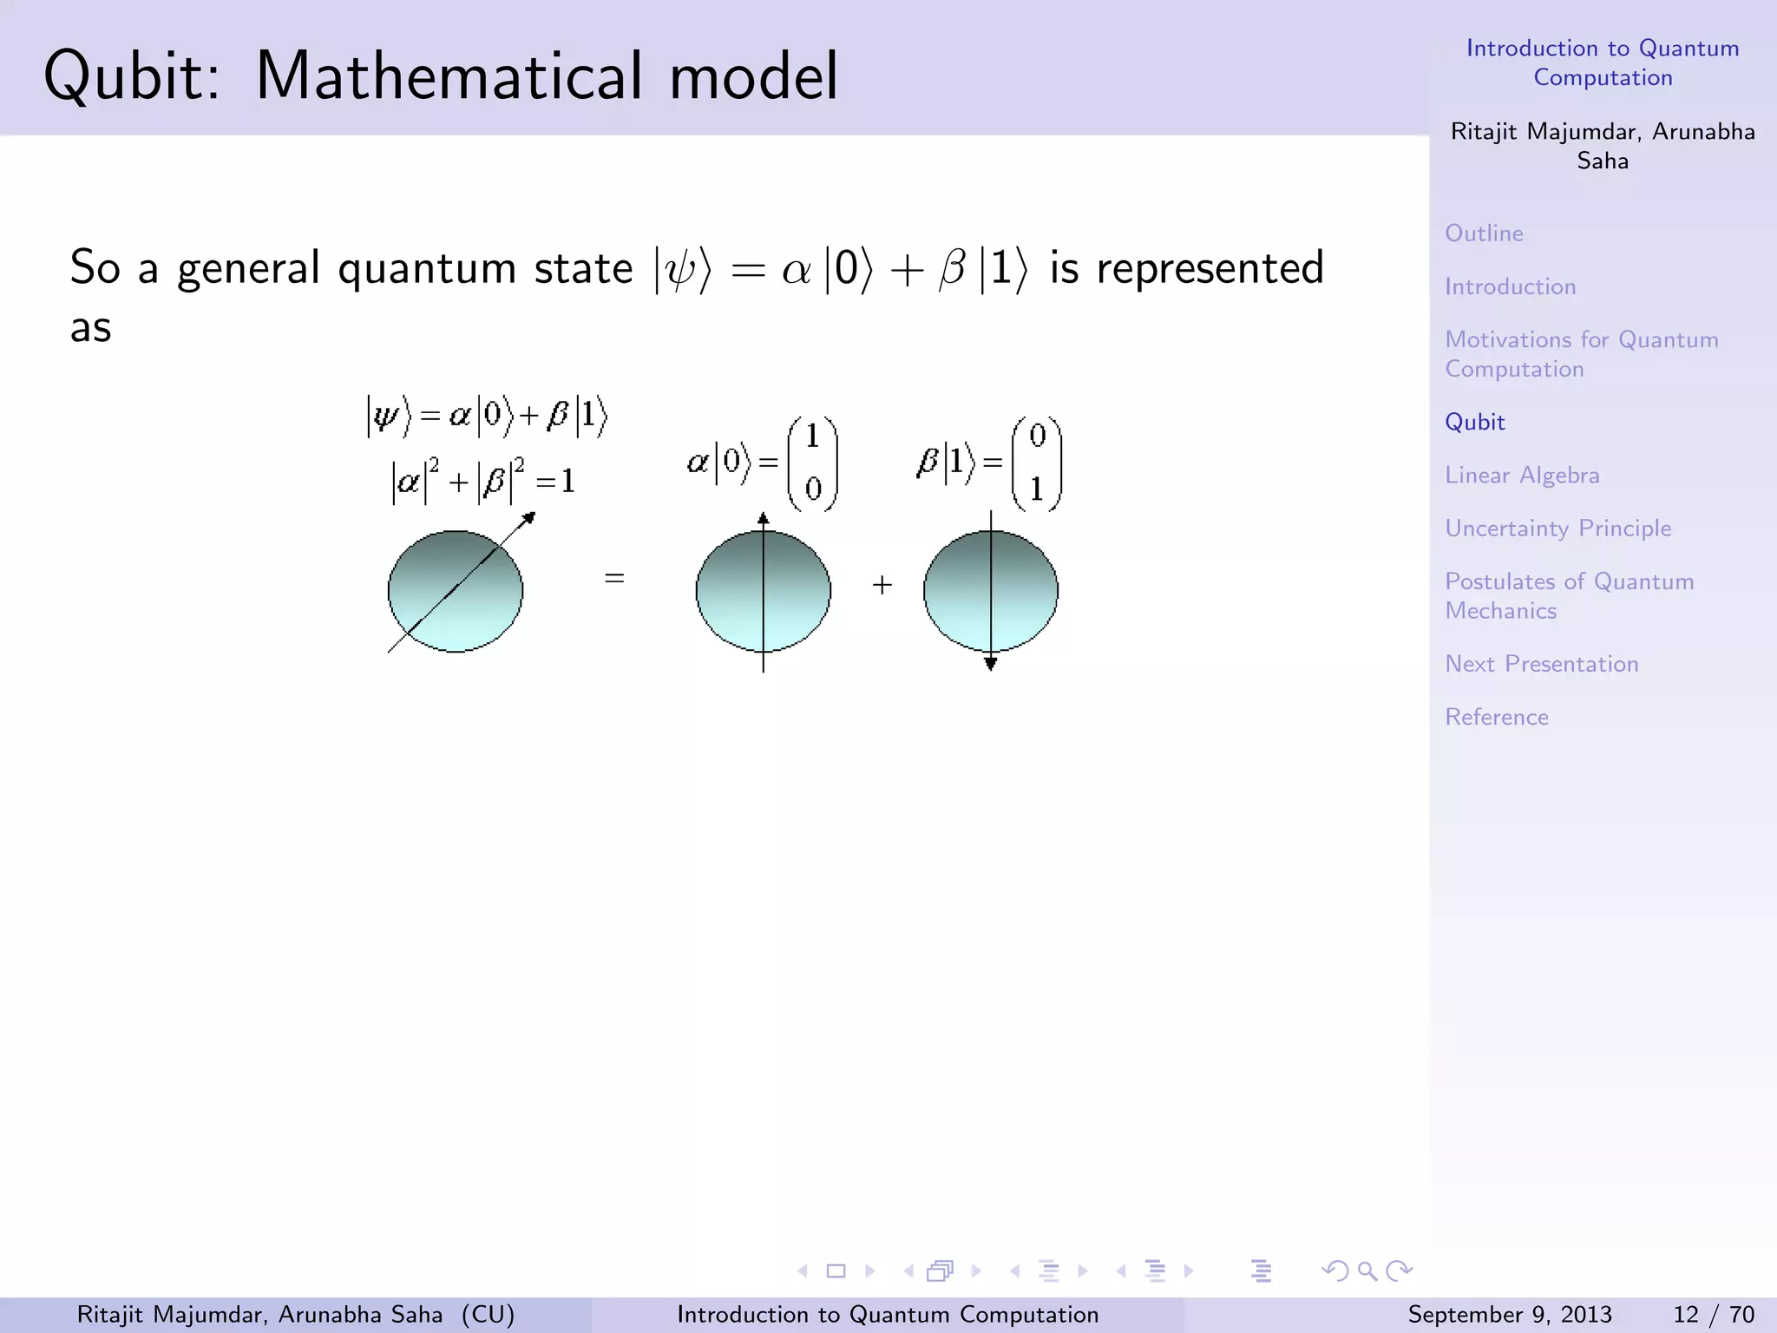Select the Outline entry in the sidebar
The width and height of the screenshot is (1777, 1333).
(1484, 233)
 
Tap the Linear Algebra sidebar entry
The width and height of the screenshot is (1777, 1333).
(1522, 476)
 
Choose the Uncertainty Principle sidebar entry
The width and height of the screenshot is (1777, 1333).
(1557, 529)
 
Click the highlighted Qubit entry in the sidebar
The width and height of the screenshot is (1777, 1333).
(1474, 423)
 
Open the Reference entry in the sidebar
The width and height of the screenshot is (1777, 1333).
(1496, 717)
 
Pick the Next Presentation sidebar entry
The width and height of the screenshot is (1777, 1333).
(1541, 664)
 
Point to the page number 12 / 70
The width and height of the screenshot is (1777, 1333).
(1713, 1315)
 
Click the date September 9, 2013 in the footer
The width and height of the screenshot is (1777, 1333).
(1509, 1315)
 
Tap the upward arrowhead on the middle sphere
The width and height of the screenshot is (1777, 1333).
(763, 519)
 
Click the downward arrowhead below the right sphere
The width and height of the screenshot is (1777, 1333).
(990, 664)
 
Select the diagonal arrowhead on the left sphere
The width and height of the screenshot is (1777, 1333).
(528, 518)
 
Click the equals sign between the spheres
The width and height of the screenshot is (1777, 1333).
(614, 578)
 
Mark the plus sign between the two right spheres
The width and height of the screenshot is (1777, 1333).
(882, 585)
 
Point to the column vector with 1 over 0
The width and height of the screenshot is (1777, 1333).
(812, 463)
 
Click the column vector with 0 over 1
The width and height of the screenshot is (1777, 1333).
(1036, 463)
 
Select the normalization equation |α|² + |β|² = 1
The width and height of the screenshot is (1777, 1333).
(483, 482)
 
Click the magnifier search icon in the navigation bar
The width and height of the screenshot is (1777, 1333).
(1367, 1271)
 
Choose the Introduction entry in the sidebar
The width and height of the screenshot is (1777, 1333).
(1510, 286)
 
